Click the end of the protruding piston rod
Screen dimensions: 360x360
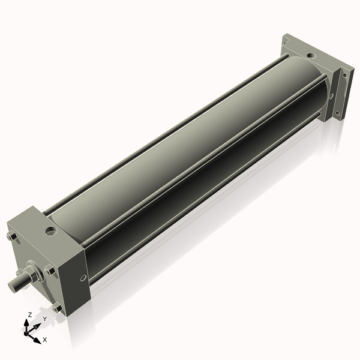[x=13, y=285]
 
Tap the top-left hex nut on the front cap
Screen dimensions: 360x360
[x=11, y=237]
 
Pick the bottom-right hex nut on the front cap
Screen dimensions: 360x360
[x=57, y=308]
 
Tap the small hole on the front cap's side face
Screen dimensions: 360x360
[x=82, y=278]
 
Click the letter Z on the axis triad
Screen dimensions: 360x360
[x=30, y=314]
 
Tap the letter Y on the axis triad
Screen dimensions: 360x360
[x=44, y=319]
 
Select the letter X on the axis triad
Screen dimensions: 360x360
[x=44, y=340]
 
